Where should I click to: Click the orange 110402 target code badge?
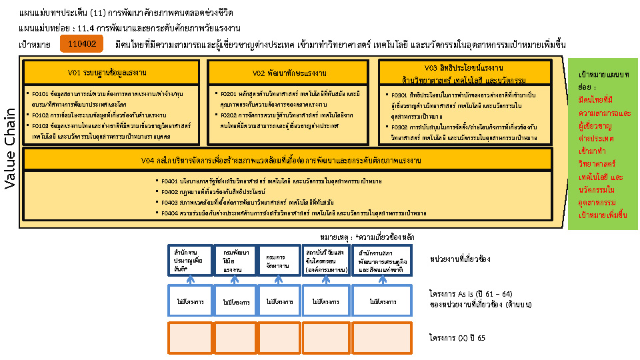click(82, 44)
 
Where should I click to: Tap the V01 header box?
click(111, 71)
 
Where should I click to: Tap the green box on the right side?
click(603, 143)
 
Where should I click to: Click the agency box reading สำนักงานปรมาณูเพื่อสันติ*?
click(189, 261)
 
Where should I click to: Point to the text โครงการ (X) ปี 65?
click(458, 338)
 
